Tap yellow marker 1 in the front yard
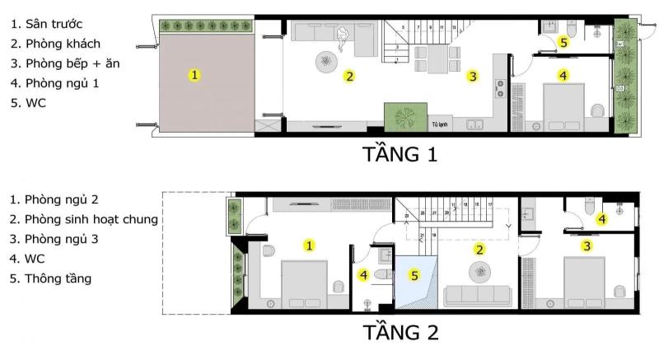point(194,75)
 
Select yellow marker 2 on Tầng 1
point(349,77)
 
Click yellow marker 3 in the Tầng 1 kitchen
point(472,77)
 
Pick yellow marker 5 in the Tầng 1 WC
point(563,41)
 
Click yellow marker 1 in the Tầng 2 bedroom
point(308,245)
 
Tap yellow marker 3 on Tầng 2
point(587,245)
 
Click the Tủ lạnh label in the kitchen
point(439,125)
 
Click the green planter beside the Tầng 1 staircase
point(405,117)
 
